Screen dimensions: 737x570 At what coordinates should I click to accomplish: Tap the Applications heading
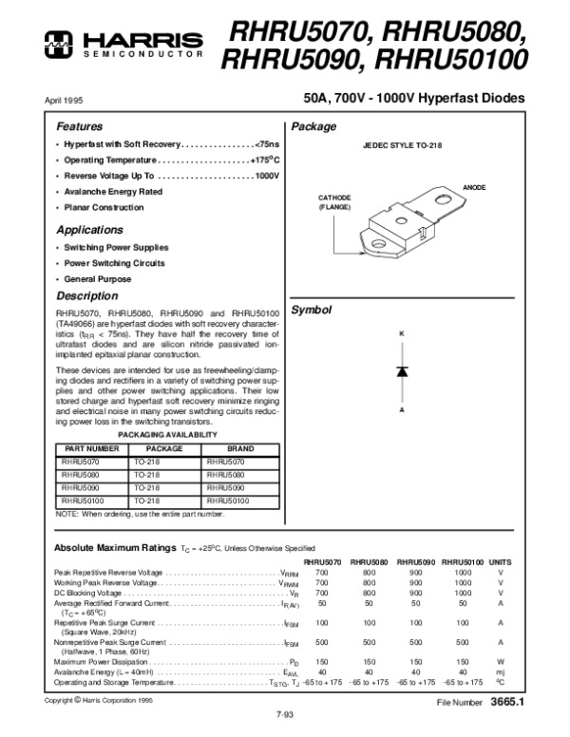click(89, 230)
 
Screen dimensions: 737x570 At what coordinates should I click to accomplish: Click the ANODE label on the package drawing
click(474, 188)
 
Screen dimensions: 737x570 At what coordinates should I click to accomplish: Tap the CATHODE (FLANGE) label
click(334, 201)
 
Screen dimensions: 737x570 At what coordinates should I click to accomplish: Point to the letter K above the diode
click(402, 333)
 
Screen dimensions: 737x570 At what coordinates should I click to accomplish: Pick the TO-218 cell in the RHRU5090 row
click(148, 485)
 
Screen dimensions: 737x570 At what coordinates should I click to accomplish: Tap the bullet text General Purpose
click(97, 279)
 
